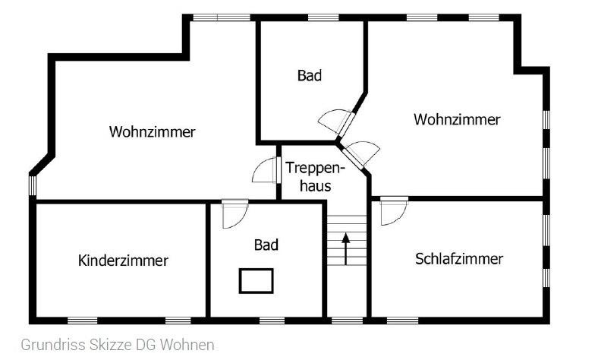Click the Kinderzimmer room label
(123, 261)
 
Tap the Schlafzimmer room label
(459, 259)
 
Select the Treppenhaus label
(315, 177)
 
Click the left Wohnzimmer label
(153, 131)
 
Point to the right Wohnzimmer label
(457, 119)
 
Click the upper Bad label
(310, 76)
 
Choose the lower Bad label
(266, 245)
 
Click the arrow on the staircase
(345, 249)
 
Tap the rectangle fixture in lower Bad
(257, 281)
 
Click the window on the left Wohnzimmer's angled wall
(33, 185)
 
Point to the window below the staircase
(348, 321)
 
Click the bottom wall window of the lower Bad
(272, 321)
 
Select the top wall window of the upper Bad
(323, 17)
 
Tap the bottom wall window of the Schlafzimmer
(402, 321)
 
